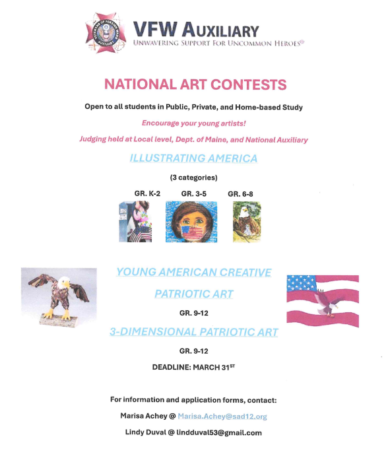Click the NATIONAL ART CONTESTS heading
pyautogui.click(x=195, y=84)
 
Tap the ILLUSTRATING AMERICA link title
pyautogui.click(x=193, y=158)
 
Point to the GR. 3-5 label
pyautogui.click(x=195, y=193)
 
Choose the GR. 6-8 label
pyautogui.click(x=241, y=193)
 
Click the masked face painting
pyautogui.click(x=195, y=222)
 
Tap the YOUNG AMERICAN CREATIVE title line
pyautogui.click(x=193, y=273)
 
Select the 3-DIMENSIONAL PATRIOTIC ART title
pyautogui.click(x=193, y=332)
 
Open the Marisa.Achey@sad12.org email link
pyautogui.click(x=222, y=417)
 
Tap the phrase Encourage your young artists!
pyautogui.click(x=193, y=123)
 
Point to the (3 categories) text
pyautogui.click(x=193, y=178)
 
